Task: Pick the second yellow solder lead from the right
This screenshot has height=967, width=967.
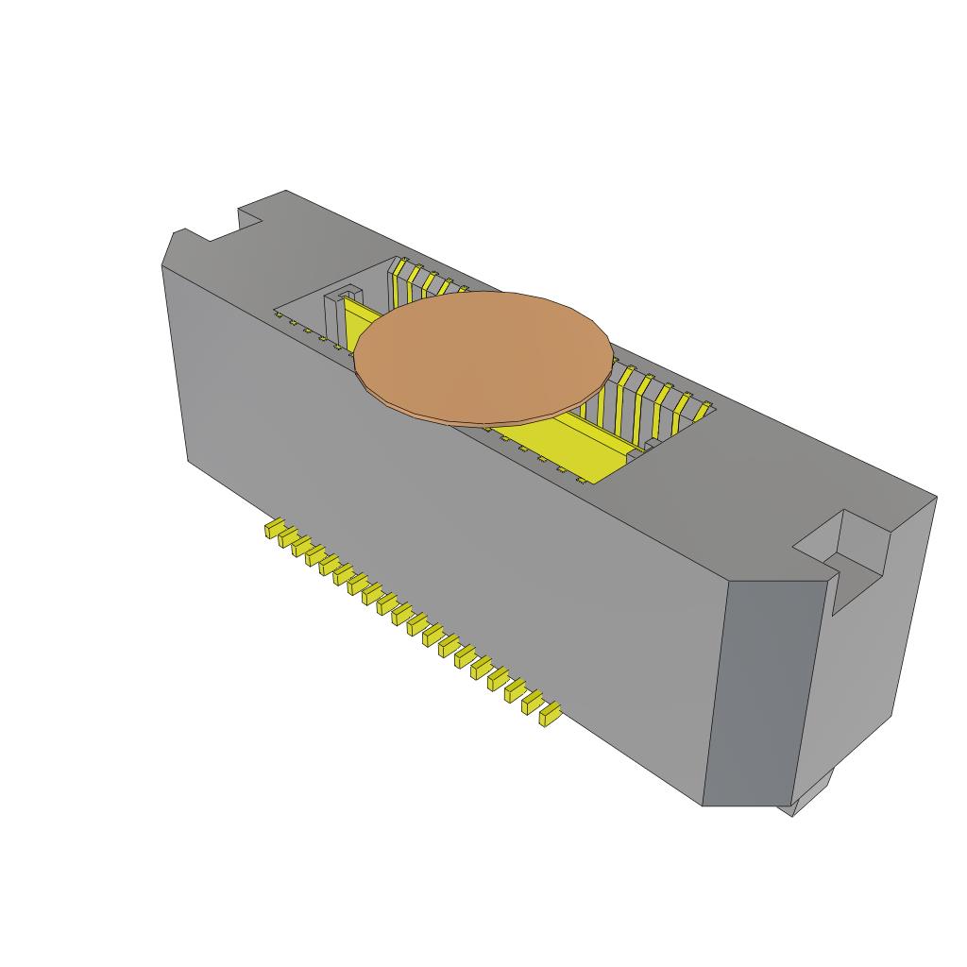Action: pyautogui.click(x=532, y=704)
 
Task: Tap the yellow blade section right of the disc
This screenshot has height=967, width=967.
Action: pyautogui.click(x=567, y=444)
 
